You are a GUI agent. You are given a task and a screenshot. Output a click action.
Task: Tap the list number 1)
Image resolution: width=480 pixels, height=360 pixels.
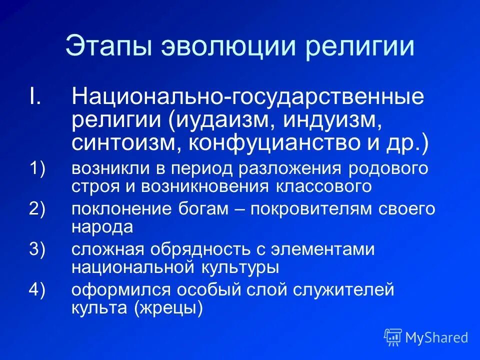tap(37, 168)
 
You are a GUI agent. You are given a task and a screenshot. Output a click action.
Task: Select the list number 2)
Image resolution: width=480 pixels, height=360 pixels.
tap(37, 209)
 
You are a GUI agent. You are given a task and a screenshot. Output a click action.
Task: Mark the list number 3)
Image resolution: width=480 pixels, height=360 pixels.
tap(37, 249)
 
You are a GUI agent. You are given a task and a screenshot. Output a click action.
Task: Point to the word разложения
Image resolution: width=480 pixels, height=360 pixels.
tap(295, 168)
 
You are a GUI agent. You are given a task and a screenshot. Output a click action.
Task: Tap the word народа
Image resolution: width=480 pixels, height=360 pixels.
tap(102, 226)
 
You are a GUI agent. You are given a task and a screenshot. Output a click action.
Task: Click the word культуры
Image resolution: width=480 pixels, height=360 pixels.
tap(243, 267)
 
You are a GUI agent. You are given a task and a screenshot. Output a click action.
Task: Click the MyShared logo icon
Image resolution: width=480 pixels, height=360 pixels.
tap(393, 337)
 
